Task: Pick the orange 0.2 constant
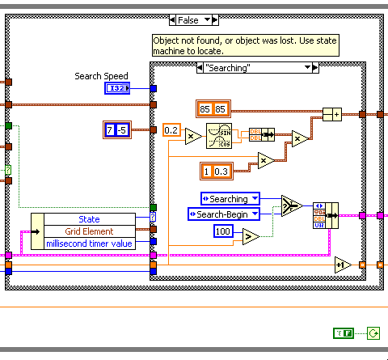coord(171,129)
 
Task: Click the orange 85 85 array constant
coord(214,107)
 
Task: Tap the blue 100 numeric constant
coord(226,232)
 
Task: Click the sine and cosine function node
coord(219,137)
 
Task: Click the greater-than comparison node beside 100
coord(251,235)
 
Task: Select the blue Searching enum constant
coord(230,198)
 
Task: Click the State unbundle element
coord(89,219)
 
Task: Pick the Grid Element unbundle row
coord(89,231)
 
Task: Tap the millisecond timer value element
coord(89,243)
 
